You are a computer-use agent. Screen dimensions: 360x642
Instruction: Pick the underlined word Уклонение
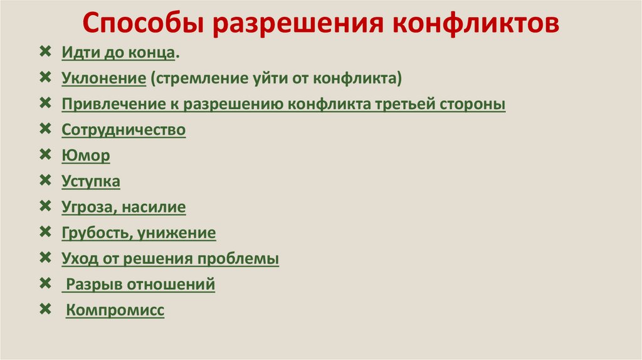pos(104,78)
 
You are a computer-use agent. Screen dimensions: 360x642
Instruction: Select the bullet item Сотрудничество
pos(124,130)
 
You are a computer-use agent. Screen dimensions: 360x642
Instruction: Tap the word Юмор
pos(86,156)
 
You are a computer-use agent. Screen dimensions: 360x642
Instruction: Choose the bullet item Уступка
pos(91,181)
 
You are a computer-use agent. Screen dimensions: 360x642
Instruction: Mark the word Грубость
pos(96,233)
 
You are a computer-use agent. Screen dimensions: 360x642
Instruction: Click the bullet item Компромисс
pos(115,310)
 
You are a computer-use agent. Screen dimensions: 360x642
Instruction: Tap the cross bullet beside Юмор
pos(45,154)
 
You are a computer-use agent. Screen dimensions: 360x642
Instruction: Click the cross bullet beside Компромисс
pos(45,309)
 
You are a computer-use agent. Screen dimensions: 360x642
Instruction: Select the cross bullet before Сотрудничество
pos(45,129)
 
